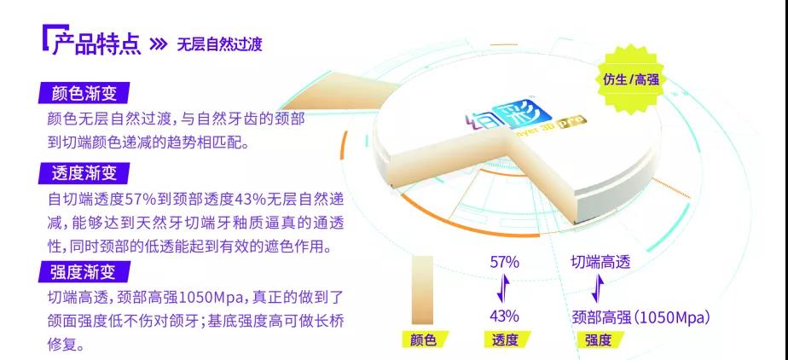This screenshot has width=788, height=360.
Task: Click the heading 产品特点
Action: tap(96, 44)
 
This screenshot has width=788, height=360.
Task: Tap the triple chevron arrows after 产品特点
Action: tap(159, 44)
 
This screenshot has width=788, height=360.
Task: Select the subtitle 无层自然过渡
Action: tap(220, 44)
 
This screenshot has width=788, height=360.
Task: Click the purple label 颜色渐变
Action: tap(84, 93)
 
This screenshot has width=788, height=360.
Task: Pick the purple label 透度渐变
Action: tap(84, 173)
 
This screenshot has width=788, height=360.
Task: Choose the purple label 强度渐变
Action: tap(84, 271)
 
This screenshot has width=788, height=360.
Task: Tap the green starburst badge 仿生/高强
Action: tap(630, 79)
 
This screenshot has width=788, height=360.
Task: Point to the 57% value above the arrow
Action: tap(505, 262)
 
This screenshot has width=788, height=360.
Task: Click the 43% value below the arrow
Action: tap(505, 316)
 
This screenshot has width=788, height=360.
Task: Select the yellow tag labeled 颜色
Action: tap(424, 340)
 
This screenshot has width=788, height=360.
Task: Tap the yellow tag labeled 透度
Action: tap(505, 340)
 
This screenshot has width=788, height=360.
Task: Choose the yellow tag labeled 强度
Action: tap(599, 340)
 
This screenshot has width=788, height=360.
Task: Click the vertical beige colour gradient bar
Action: tap(422, 290)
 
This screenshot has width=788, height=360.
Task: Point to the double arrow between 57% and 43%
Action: tap(503, 288)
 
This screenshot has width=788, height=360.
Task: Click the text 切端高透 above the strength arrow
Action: tap(600, 262)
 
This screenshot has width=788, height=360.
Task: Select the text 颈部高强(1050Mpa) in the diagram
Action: tap(641, 317)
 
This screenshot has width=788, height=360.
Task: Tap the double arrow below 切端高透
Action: tap(598, 288)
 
